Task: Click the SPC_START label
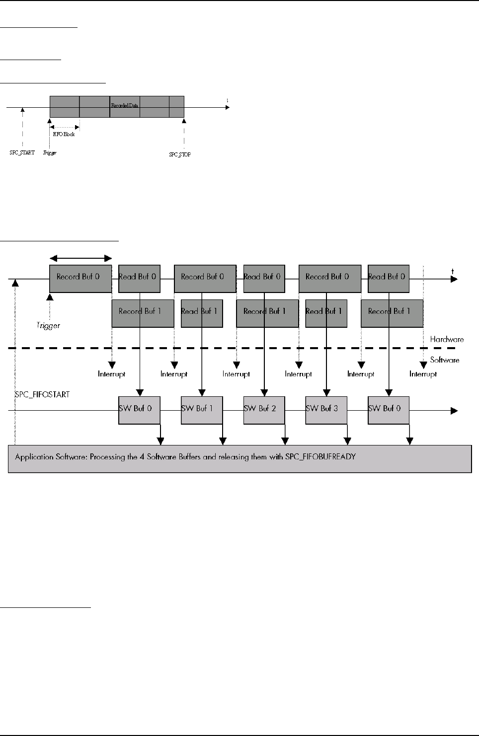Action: point(22,152)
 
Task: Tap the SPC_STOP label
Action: point(180,154)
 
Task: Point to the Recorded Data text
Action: point(125,105)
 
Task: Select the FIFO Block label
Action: point(64,134)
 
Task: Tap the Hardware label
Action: point(447,339)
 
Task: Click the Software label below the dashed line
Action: point(445,360)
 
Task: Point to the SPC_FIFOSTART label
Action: point(42,394)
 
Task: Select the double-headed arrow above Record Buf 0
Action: point(81,258)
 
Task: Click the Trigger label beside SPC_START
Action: point(50,152)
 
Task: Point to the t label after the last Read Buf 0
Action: point(453,271)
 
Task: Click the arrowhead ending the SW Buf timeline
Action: point(454,411)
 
